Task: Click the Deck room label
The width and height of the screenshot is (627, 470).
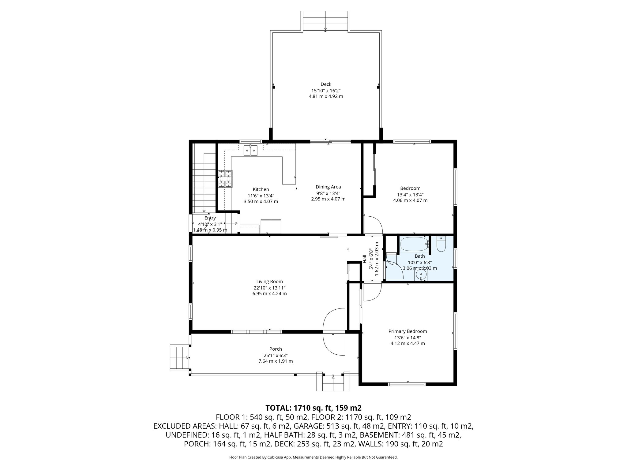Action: [x=326, y=84]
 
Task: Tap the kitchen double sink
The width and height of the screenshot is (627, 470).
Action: [x=250, y=151]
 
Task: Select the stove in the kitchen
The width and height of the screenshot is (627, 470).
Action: [x=225, y=179]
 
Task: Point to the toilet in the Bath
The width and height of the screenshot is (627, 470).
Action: [x=441, y=244]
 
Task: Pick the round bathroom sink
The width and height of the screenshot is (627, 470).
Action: [x=421, y=274]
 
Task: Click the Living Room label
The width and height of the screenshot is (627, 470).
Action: [x=269, y=282]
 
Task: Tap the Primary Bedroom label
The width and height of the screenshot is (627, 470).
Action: [x=407, y=331]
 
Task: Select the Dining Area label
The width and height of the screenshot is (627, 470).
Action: [x=328, y=187]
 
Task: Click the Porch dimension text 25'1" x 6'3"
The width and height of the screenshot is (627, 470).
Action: [x=276, y=355]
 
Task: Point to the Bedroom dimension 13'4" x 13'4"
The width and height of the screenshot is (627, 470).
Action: [x=410, y=195]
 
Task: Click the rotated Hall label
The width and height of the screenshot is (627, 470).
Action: [x=365, y=259]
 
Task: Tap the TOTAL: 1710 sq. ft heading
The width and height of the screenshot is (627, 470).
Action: [x=313, y=408]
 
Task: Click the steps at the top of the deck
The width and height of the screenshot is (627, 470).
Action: [x=325, y=21]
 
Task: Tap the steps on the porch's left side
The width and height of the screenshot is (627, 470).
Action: [x=180, y=357]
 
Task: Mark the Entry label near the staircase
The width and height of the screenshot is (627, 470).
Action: [x=210, y=218]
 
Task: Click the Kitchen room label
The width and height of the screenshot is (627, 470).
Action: [x=261, y=189]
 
